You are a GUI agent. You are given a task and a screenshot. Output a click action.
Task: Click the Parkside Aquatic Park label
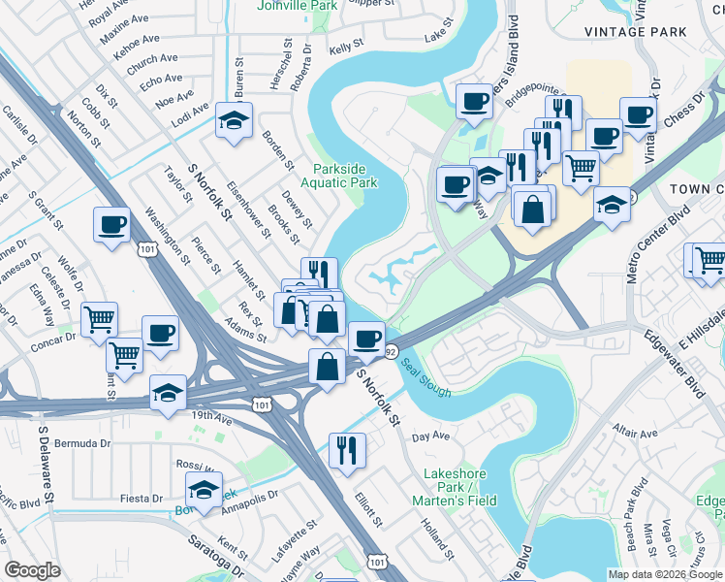[343, 174]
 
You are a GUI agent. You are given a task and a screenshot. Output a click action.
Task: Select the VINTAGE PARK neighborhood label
[636, 32]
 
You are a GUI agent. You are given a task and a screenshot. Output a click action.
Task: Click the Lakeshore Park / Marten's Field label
[460, 487]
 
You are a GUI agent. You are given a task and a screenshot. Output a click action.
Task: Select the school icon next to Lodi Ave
[234, 120]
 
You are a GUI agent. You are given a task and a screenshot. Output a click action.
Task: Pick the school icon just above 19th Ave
[168, 393]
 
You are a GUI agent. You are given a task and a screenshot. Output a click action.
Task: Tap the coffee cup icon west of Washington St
[113, 225]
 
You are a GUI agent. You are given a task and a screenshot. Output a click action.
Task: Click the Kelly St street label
[345, 46]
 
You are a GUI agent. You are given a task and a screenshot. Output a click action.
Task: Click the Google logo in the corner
[33, 570]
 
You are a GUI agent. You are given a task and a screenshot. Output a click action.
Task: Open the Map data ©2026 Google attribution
[664, 574]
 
